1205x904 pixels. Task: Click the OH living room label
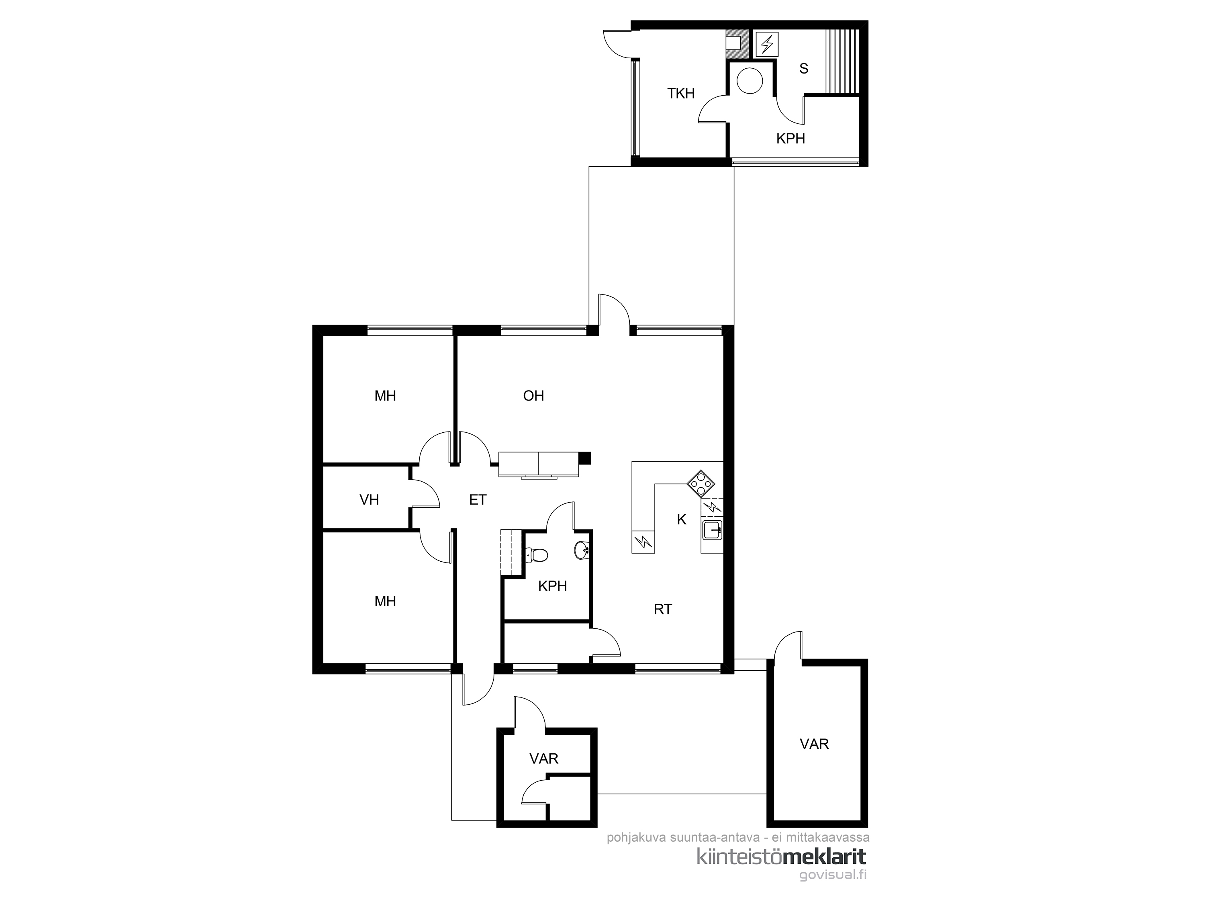click(533, 396)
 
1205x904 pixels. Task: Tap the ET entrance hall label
click(478, 500)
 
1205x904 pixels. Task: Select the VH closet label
click(370, 500)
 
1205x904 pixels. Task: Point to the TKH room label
click(681, 94)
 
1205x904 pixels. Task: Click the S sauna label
click(803, 69)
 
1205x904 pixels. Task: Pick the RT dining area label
click(663, 609)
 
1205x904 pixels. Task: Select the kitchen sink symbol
click(713, 529)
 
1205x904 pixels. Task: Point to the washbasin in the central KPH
click(582, 550)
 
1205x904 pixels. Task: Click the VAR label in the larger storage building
click(815, 744)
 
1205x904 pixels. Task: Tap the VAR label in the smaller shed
click(544, 759)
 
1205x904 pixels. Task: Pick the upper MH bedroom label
click(385, 396)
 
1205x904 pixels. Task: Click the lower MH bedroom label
click(385, 601)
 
